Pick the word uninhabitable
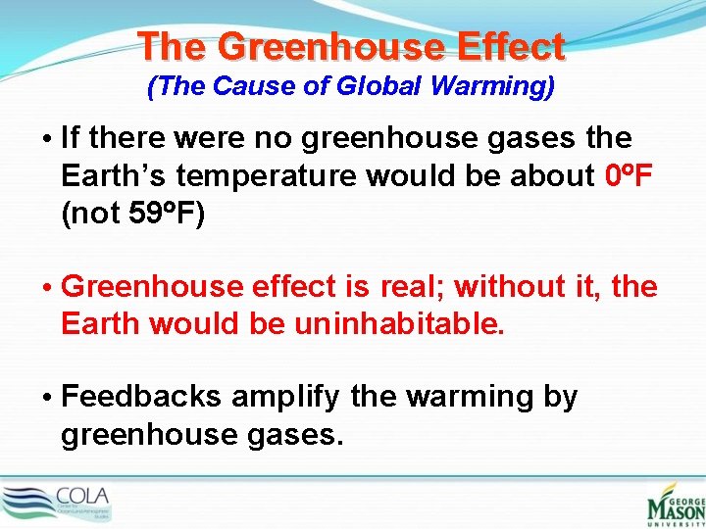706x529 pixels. [x=399, y=324]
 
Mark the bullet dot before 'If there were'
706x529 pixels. [x=47, y=139]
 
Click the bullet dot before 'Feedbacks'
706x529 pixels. [x=47, y=398]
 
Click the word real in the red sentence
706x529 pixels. [x=414, y=287]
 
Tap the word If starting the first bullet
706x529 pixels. [x=70, y=138]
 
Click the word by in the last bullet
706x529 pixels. [x=560, y=398]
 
